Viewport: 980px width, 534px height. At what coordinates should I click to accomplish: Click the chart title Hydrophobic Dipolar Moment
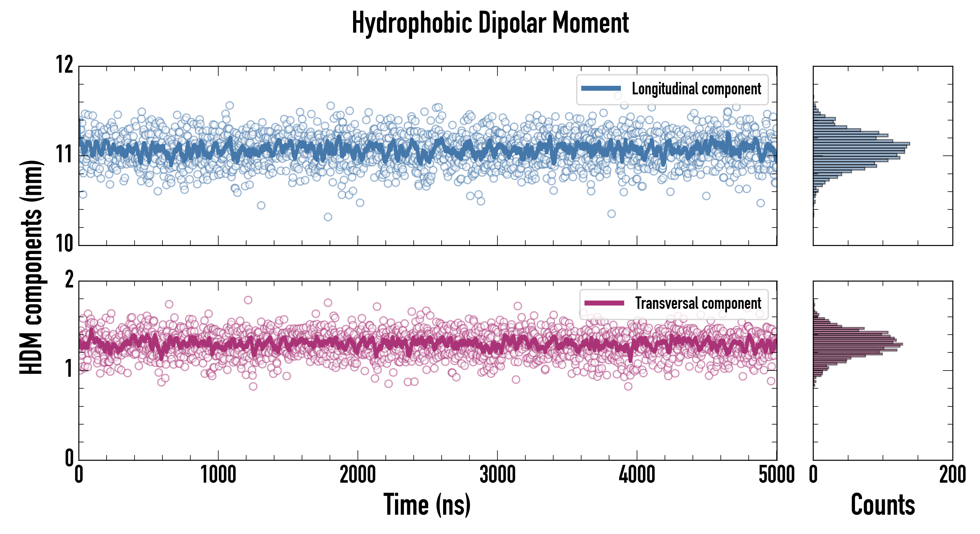[490, 23]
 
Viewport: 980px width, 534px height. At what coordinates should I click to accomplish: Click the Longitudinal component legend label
[696, 89]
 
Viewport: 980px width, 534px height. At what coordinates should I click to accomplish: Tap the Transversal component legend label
[698, 303]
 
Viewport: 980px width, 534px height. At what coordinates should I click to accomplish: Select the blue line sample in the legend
[601, 89]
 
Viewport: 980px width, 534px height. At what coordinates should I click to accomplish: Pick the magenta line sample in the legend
[604, 303]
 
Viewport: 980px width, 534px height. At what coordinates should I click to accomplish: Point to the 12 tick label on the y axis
[65, 65]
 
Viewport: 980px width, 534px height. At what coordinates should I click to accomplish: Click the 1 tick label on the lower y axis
[69, 369]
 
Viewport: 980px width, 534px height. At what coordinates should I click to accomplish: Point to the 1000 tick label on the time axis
[218, 475]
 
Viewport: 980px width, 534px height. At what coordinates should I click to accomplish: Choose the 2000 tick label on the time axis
[358, 475]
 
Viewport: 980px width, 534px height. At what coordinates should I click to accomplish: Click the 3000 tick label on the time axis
[497, 475]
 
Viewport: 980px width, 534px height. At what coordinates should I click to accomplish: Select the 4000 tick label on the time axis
[637, 475]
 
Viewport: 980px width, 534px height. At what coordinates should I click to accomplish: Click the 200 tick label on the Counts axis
[952, 475]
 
